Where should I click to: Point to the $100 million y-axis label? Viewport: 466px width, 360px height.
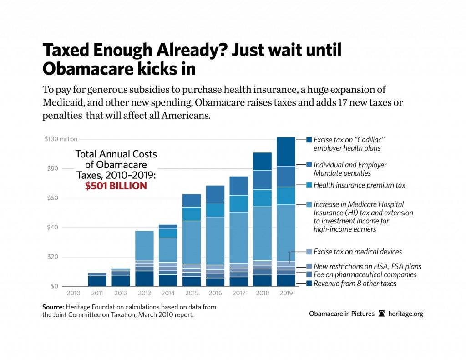(61, 139)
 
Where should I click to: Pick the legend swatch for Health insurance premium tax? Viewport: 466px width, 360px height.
(309, 185)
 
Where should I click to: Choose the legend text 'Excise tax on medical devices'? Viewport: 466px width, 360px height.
(358, 252)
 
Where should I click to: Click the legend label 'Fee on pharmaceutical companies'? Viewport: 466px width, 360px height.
(365, 275)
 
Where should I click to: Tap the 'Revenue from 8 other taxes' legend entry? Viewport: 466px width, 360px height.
(355, 284)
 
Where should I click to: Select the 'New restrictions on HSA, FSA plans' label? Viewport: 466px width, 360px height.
(367, 266)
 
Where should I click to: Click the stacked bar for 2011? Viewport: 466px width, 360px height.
(97, 279)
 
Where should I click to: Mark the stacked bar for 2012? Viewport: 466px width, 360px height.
(121, 277)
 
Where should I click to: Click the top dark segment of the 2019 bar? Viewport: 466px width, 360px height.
(286, 152)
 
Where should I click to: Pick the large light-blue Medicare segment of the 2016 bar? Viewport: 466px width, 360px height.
(215, 241)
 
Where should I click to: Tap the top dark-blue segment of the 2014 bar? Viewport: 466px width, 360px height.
(168, 227)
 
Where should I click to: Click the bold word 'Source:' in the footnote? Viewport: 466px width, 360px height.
(53, 307)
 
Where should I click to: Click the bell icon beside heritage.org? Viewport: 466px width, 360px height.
(382, 314)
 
